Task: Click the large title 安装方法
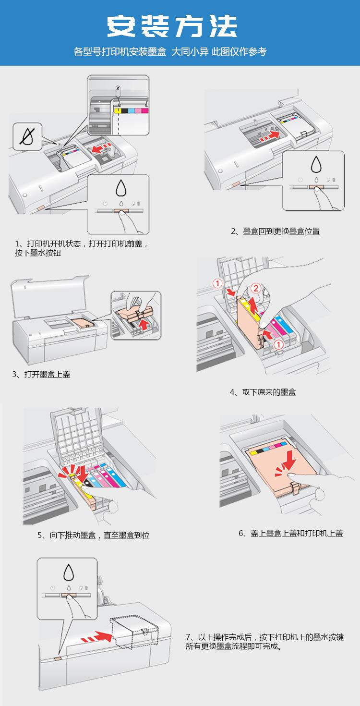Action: click(x=172, y=26)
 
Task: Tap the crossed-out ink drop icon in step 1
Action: click(x=27, y=137)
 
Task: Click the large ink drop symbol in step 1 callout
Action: click(x=121, y=188)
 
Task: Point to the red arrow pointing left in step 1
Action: click(x=101, y=147)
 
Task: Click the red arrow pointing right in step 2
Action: click(x=270, y=136)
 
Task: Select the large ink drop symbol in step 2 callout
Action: click(x=316, y=164)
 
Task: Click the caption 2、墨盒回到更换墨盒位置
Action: click(x=275, y=231)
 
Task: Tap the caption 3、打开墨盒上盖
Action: click(x=41, y=374)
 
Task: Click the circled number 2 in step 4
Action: click(x=256, y=288)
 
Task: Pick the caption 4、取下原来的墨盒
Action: click(x=263, y=392)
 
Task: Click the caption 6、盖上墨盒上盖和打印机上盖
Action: click(x=291, y=533)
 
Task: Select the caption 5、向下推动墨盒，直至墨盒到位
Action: click(x=94, y=535)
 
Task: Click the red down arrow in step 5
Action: click(x=83, y=474)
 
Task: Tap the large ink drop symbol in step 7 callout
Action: click(x=69, y=572)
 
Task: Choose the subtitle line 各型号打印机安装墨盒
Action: click(x=120, y=51)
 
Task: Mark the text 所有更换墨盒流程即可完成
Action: click(x=232, y=646)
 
